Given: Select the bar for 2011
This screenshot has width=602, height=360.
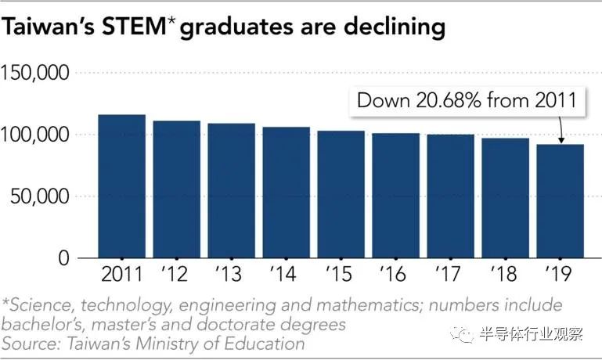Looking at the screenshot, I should click(121, 186).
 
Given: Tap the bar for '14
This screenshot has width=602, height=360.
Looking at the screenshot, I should click(286, 192).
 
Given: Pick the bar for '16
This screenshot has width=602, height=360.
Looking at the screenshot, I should click(395, 195).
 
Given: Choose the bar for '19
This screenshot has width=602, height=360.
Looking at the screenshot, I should click(560, 200).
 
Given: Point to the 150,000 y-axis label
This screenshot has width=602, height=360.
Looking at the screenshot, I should click(36, 73).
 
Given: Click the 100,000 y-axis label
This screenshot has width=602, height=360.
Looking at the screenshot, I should click(36, 135).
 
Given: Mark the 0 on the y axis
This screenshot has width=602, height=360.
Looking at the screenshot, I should click(63, 258).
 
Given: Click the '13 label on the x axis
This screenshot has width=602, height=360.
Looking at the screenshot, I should click(231, 275).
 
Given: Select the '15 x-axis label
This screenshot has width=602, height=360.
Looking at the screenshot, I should click(341, 275).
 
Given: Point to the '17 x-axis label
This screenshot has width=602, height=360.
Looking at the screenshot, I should click(450, 275).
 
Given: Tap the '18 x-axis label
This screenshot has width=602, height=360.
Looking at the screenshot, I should click(505, 275).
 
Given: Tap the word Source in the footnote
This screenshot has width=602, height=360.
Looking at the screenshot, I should click(27, 344).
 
